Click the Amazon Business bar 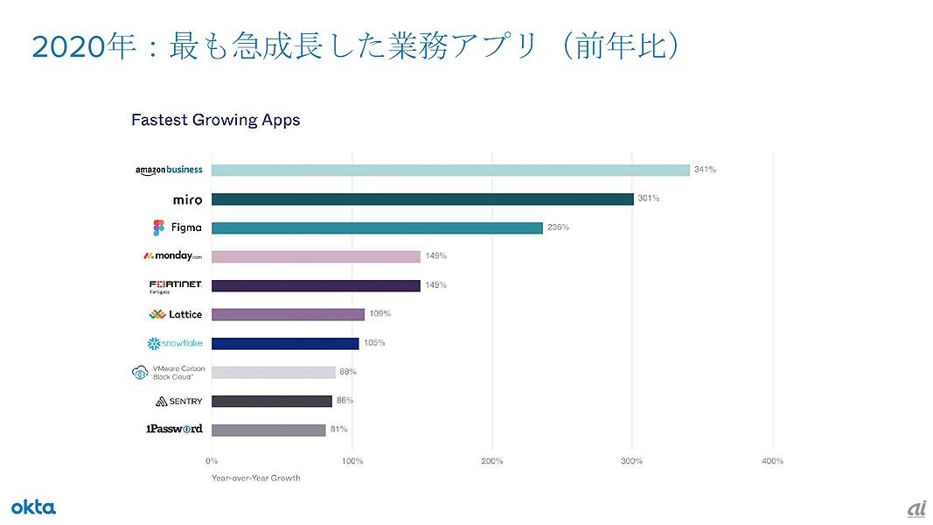click(450, 170)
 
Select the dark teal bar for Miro click(422, 199)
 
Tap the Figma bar click(377, 227)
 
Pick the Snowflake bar click(285, 343)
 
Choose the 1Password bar click(268, 430)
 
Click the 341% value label click(705, 170)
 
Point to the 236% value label click(558, 227)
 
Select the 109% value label click(379, 314)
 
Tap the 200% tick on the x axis click(492, 461)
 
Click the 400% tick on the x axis click(773, 461)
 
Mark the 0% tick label click(212, 461)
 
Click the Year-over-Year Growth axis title click(255, 478)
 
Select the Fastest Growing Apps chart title click(215, 120)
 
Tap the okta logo click(33, 507)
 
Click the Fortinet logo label click(176, 286)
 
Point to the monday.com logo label click(172, 256)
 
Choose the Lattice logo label click(176, 314)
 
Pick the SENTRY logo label click(178, 401)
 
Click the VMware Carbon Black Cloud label click(168, 373)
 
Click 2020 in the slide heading click(67, 45)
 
